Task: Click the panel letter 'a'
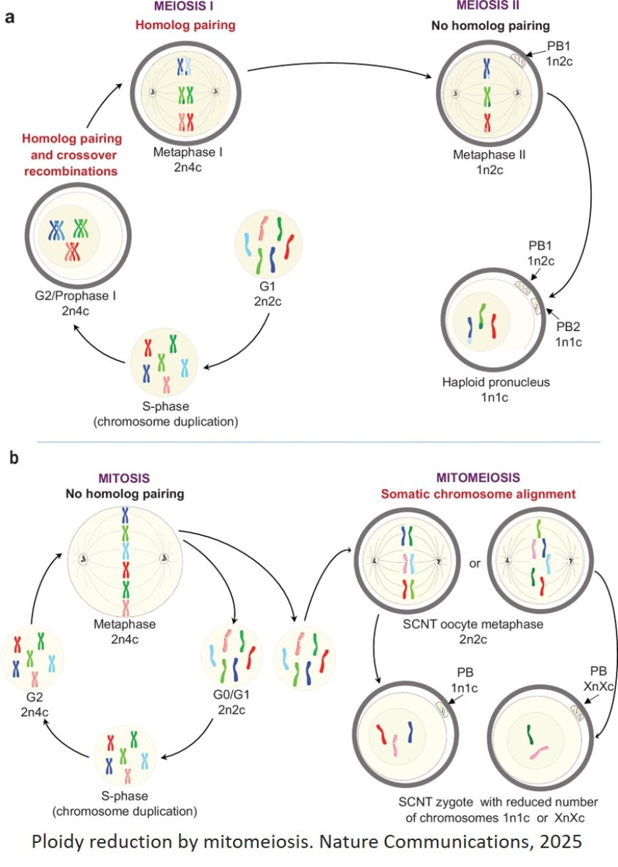tap(10, 18)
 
